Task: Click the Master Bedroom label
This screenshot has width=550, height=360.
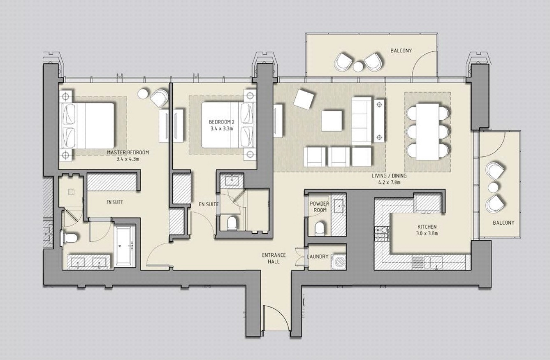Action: pos(128,152)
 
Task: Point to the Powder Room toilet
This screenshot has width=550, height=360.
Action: pos(319,228)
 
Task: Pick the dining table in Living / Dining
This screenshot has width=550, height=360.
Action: pos(427,131)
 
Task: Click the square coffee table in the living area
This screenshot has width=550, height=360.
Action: pos(332,121)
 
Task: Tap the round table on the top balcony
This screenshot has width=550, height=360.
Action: pos(358,66)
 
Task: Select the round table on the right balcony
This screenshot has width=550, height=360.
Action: pos(493,188)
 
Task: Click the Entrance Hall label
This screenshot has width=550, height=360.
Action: pos(274,258)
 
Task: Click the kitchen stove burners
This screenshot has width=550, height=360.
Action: pos(381,234)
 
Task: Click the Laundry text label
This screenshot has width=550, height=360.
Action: pos(317,257)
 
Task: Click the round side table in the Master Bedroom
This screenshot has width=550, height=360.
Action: pos(143,94)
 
